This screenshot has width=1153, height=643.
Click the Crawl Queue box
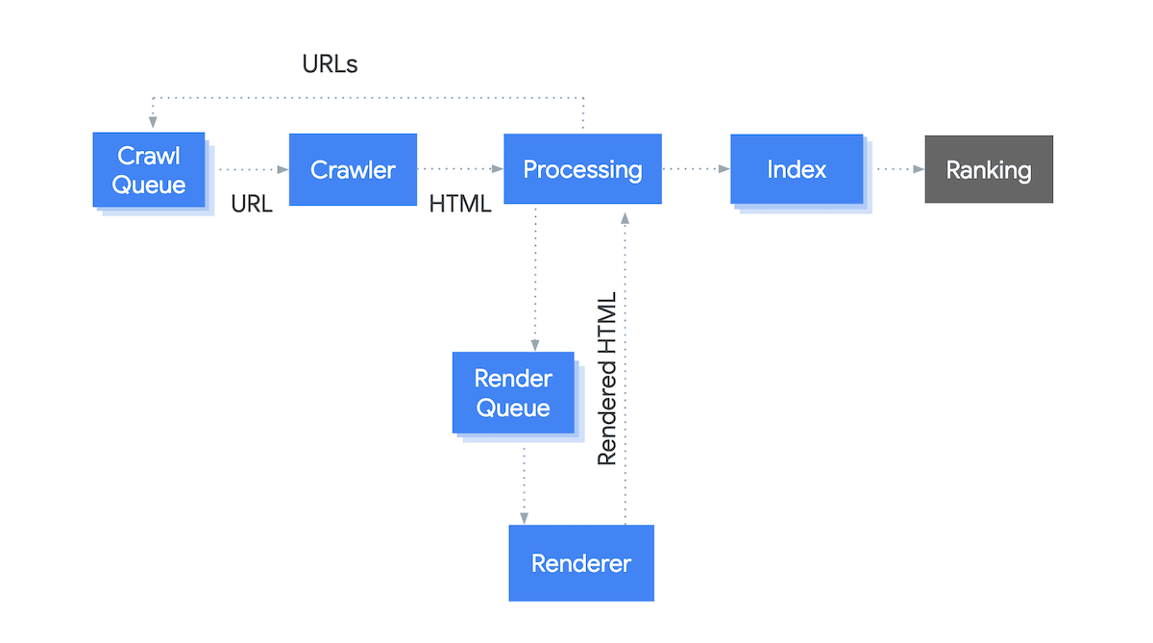coord(149,170)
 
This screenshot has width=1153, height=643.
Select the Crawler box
coord(353,170)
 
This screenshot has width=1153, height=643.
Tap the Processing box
coord(582,169)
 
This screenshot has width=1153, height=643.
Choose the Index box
coord(796,169)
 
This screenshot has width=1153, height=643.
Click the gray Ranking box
coord(989,170)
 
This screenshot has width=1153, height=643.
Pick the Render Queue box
coord(513,393)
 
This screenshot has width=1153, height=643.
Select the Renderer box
coord(581,563)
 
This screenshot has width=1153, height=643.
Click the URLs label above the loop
coord(330,64)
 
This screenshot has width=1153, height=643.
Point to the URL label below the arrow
coord(252,204)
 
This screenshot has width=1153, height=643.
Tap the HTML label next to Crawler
coord(460,204)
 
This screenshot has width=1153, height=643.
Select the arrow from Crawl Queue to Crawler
coord(252,170)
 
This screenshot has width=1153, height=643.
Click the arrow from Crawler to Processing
coord(460,170)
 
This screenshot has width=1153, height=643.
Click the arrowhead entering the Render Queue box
coord(535,345)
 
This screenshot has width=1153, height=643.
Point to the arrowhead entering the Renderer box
coord(524,517)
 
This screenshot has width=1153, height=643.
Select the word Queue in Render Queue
coord(513,408)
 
